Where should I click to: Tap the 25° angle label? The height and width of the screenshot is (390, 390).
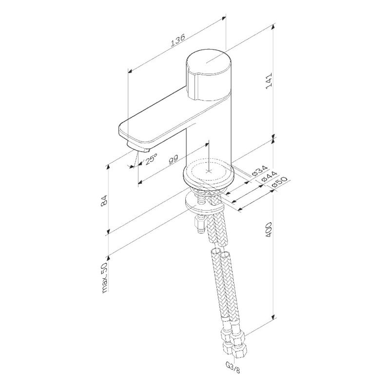(x=150, y=160)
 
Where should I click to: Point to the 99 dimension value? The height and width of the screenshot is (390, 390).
(x=173, y=161)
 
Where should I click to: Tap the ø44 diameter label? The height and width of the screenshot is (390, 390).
(x=269, y=178)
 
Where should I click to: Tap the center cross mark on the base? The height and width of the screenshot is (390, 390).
(x=209, y=172)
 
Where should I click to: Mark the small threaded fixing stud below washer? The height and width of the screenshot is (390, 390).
(x=198, y=226)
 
